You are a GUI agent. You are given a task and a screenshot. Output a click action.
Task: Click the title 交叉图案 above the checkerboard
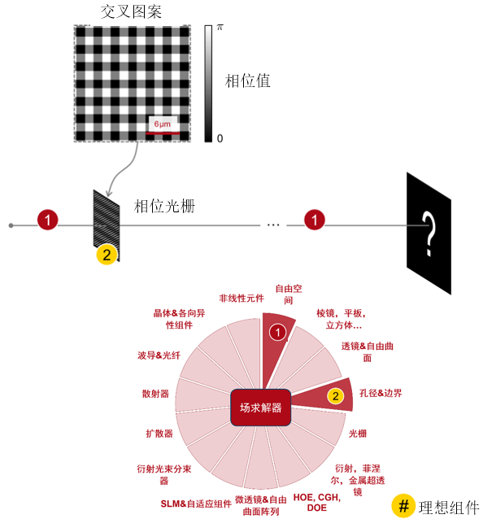131,11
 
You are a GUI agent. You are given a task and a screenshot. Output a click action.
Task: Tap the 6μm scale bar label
163,124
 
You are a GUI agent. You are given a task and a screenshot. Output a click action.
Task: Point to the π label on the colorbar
220,28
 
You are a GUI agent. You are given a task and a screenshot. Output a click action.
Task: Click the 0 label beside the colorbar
220,138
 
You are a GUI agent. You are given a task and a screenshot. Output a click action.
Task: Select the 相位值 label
247,81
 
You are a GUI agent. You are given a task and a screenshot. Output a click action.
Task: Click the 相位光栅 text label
164,206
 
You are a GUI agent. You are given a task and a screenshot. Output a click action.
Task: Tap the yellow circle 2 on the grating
107,255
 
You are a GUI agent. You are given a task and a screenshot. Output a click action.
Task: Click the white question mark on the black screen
429,233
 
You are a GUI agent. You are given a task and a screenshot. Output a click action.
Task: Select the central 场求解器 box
261,408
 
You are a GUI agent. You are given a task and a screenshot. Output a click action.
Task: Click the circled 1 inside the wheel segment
278,333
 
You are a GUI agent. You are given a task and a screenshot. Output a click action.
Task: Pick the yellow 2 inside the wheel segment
336,396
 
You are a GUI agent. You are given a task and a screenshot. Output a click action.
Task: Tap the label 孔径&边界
381,393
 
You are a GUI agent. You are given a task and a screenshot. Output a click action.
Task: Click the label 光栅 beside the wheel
358,434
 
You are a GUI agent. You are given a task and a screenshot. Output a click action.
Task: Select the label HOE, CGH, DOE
317,503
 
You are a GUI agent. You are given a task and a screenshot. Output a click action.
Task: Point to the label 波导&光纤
159,355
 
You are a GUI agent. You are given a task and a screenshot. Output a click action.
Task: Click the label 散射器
155,394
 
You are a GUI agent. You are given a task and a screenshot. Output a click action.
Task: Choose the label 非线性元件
241,299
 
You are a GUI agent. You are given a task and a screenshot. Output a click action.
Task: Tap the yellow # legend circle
403,506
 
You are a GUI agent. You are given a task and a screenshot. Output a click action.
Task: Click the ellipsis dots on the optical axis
273,225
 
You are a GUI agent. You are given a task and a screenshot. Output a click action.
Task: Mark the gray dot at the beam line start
11,225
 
